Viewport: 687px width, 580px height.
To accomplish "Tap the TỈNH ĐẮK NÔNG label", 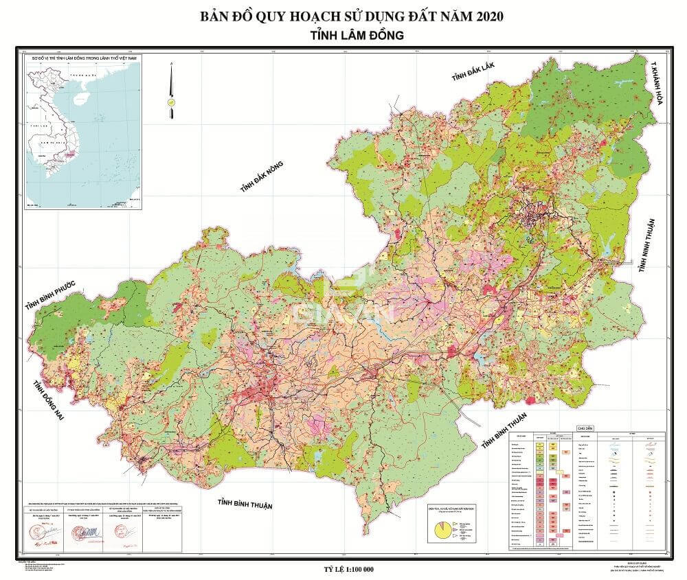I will pyautogui.click(x=261, y=176).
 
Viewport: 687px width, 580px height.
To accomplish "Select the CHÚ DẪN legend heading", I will pyautogui.click(x=585, y=427).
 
